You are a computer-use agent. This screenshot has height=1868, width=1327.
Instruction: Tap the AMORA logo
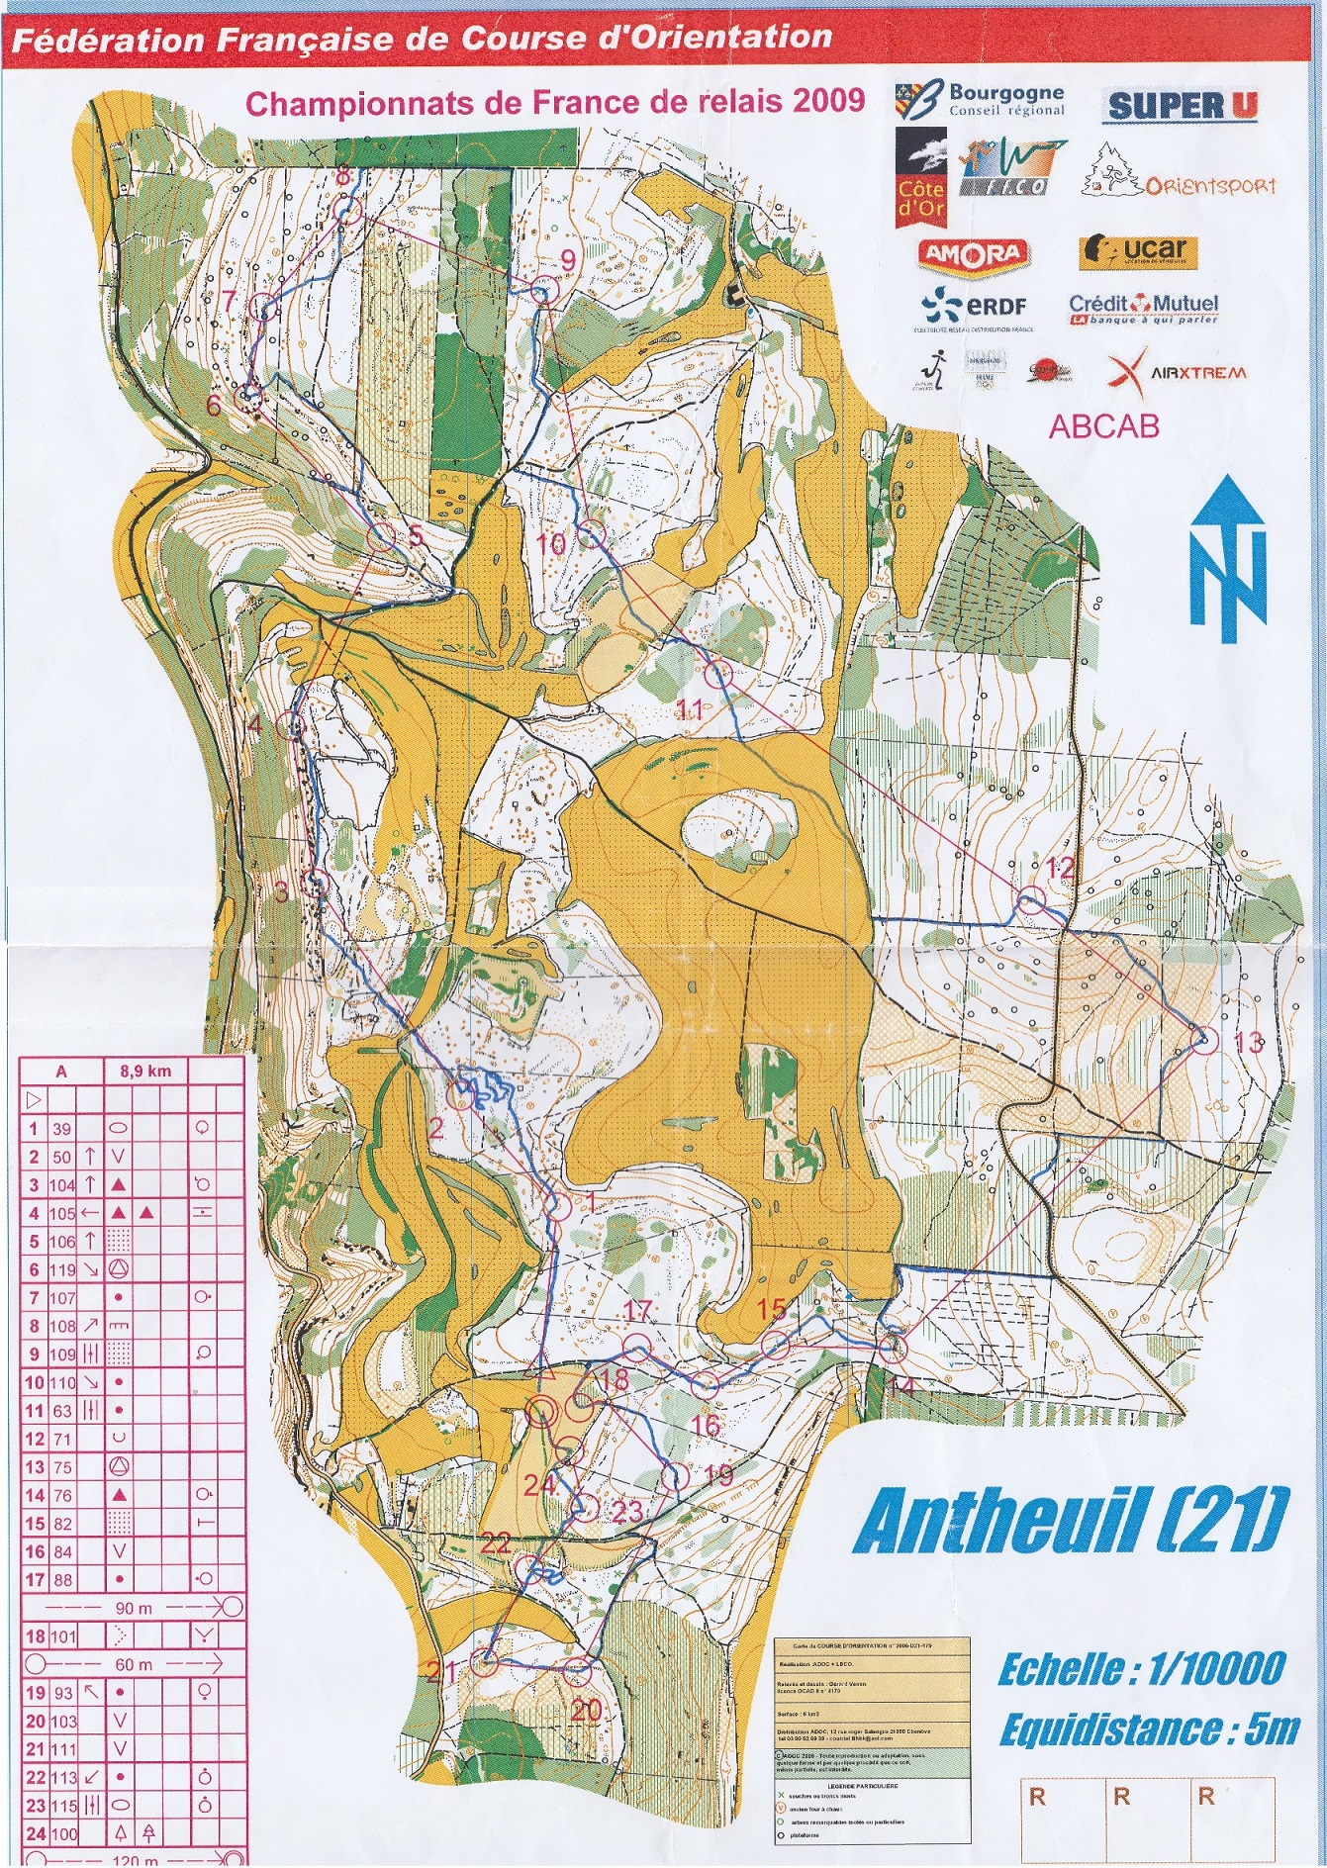coord(973,254)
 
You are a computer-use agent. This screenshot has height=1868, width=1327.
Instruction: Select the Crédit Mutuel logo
coord(1143,308)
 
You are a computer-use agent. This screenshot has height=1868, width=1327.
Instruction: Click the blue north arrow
coord(1228,558)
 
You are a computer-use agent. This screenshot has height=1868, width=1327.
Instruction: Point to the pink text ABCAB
coord(1103,425)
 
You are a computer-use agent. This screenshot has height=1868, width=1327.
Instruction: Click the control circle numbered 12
coord(1030,901)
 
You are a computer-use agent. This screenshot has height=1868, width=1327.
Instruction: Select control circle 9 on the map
coord(540,292)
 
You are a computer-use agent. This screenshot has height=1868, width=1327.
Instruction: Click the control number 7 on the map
coord(230,300)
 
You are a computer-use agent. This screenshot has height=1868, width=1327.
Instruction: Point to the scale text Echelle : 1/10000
coord(1141,1669)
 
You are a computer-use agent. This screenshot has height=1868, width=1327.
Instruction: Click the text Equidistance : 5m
coord(1148,1729)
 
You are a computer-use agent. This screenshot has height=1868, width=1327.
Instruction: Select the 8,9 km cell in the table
coord(145,1071)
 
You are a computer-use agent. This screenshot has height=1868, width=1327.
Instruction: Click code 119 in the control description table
coord(62,1269)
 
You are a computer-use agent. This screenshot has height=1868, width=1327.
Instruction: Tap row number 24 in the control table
coord(35,1833)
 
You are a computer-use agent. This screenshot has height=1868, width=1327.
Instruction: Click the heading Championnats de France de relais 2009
coord(554,102)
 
